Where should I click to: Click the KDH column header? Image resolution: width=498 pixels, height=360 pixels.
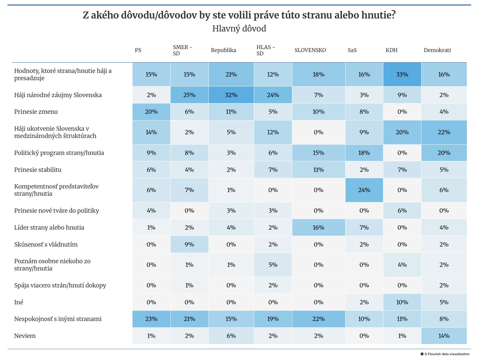(391, 50)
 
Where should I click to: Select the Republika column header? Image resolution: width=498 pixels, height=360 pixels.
(223, 50)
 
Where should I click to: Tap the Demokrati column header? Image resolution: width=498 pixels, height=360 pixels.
(437, 50)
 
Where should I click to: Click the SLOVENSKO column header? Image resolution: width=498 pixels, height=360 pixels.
(310, 50)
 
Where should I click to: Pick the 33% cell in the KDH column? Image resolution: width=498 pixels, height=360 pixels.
(402, 74)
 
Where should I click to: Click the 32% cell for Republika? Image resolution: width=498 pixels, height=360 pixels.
(231, 95)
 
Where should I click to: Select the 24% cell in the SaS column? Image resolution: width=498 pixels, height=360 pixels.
(364, 190)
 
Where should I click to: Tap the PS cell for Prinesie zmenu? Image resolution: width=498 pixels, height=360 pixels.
(151, 112)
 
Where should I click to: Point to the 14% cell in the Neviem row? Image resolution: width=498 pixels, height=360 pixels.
(444, 336)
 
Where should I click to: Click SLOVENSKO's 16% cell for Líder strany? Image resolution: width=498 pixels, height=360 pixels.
(318, 227)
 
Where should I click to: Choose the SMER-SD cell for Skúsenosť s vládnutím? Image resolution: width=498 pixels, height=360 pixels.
(189, 244)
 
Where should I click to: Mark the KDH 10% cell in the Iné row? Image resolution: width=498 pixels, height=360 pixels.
(402, 302)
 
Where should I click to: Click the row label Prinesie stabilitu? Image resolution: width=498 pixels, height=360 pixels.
(38, 170)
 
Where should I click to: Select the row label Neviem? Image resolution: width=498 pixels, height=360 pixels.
(25, 336)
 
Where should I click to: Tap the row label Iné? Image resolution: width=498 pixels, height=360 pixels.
(19, 302)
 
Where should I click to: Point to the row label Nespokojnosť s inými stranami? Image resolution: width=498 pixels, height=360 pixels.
(58, 319)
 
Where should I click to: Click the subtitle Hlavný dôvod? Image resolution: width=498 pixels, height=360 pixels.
(239, 29)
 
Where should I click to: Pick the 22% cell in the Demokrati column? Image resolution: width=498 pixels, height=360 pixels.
(444, 132)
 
